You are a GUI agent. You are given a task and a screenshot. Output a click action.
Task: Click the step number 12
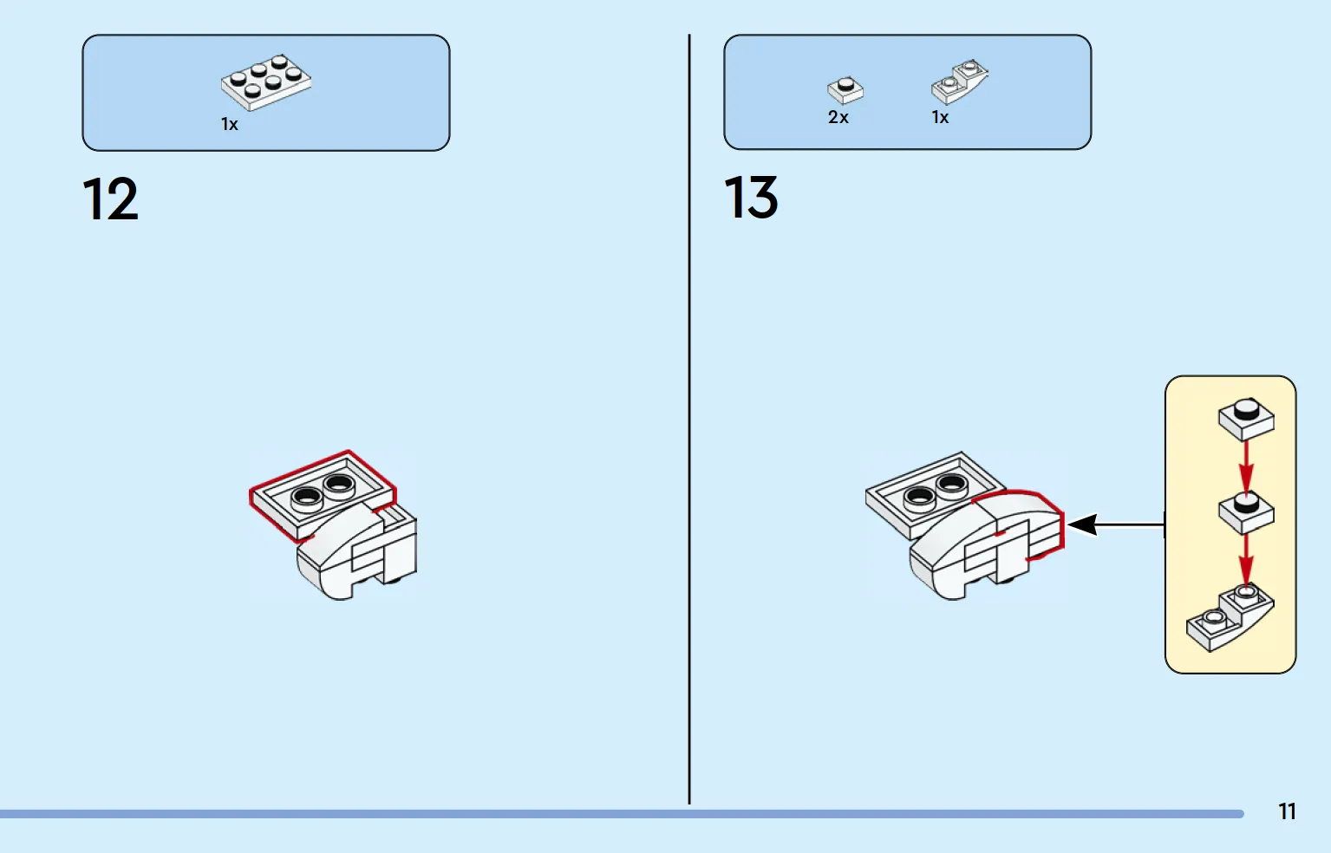pos(110,199)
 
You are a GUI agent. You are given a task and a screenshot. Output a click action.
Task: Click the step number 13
pos(751,197)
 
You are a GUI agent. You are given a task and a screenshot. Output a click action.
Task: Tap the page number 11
pos(1287,811)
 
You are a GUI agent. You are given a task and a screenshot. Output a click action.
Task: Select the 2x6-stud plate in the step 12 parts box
pos(266,82)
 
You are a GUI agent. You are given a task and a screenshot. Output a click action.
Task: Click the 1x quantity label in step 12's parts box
pos(230,124)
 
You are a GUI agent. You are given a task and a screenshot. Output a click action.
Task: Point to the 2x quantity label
pos(838,117)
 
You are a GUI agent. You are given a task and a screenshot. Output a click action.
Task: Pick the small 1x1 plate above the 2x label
pos(845,90)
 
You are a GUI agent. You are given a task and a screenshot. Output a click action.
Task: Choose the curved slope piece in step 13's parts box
pos(959,81)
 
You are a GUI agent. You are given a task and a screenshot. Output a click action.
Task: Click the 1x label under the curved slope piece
pos(940,117)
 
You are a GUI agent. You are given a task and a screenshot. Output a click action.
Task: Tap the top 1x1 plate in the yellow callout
pos(1246,420)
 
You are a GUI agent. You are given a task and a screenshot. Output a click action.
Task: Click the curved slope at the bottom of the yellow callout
pos(1230,618)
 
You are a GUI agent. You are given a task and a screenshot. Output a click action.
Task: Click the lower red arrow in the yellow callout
pos(1246,562)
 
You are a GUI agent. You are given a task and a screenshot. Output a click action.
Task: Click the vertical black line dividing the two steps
pos(689,419)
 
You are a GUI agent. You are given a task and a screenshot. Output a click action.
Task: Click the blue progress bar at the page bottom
pos(622,814)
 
